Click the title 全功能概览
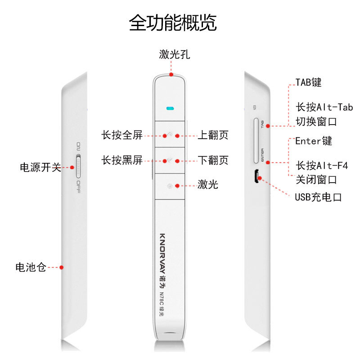coord(173,23)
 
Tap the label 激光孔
coord(174,55)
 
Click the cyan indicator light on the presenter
coord(170,108)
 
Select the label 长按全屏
coord(121,135)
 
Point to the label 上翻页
coord(213,135)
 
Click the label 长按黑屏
coord(121,160)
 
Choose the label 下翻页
coord(213,160)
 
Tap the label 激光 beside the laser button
coord(208,184)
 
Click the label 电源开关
coord(40,167)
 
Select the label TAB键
coord(308,83)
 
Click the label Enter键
coord(314,141)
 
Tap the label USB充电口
coord(319,197)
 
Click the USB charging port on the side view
coord(255,176)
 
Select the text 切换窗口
coord(316,122)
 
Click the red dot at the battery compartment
coord(62,267)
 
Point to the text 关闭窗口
coord(316,180)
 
